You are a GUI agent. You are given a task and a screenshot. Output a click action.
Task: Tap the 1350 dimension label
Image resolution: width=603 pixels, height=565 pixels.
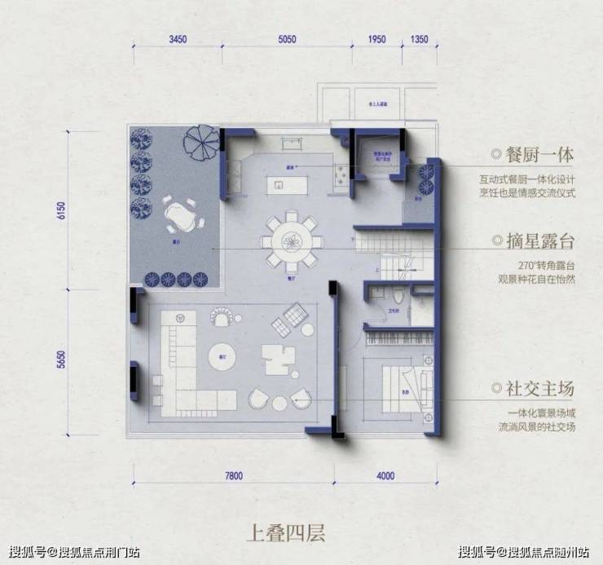coord(420,38)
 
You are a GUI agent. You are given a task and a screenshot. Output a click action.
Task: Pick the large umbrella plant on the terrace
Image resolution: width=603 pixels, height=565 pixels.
coord(200,144)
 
